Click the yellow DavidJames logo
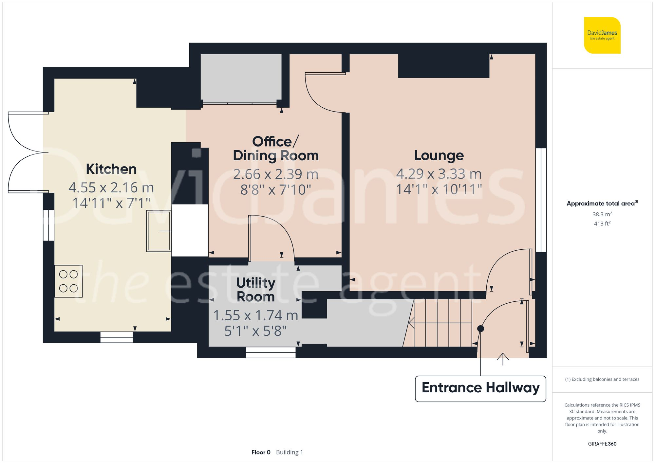click(602, 35)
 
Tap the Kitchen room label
click(111, 169)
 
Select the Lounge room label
click(439, 155)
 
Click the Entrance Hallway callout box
click(480, 388)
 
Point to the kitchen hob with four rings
click(68, 281)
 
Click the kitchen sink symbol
click(159, 231)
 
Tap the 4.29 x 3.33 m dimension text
click(439, 174)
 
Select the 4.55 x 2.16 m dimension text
click(111, 188)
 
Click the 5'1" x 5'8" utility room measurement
click(255, 331)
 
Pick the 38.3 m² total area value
click(602, 214)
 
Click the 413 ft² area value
click(602, 223)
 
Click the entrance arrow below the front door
click(503, 359)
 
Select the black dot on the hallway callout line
click(480, 329)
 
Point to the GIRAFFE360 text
click(602, 444)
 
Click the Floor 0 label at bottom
click(261, 452)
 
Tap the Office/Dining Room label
click(275, 149)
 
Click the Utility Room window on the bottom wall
click(271, 352)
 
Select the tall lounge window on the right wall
click(541, 200)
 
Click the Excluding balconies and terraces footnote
click(602, 379)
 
